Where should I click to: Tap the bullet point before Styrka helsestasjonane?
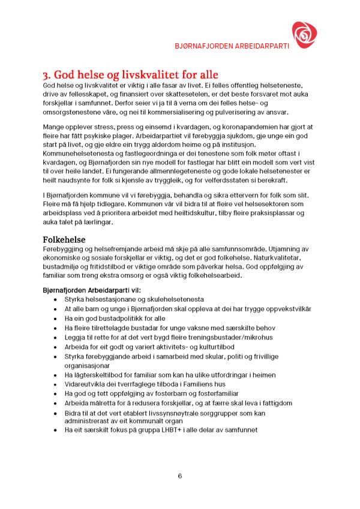56,299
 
